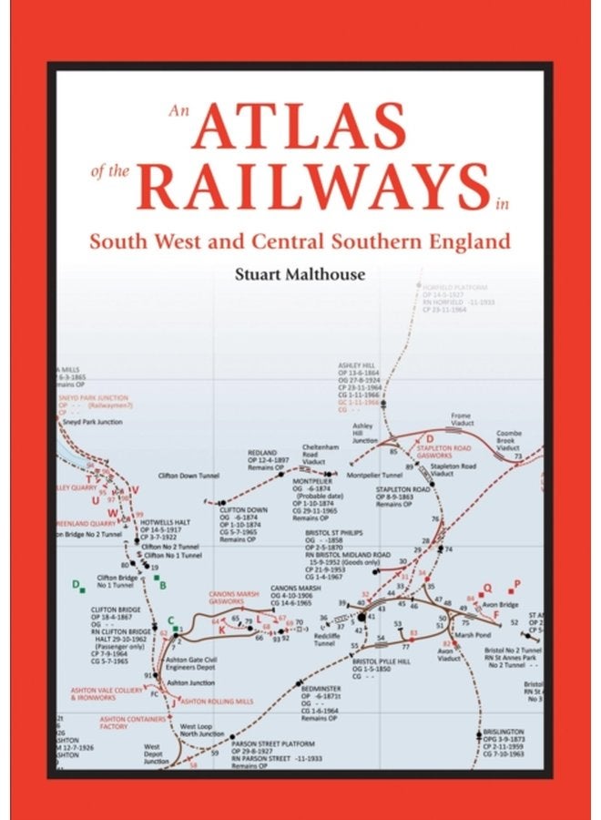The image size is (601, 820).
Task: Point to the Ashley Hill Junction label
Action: coord(364,433)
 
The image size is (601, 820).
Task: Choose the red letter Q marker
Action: coord(487,588)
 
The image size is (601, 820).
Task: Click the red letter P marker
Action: coord(517,583)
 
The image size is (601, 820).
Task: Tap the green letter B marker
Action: coord(163,586)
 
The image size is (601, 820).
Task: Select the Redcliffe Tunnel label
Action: coord(323,639)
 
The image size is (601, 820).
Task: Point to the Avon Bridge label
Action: coord(503,602)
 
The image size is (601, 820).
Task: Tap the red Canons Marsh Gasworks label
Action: coord(229,598)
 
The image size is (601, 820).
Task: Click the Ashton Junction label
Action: coord(190,682)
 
